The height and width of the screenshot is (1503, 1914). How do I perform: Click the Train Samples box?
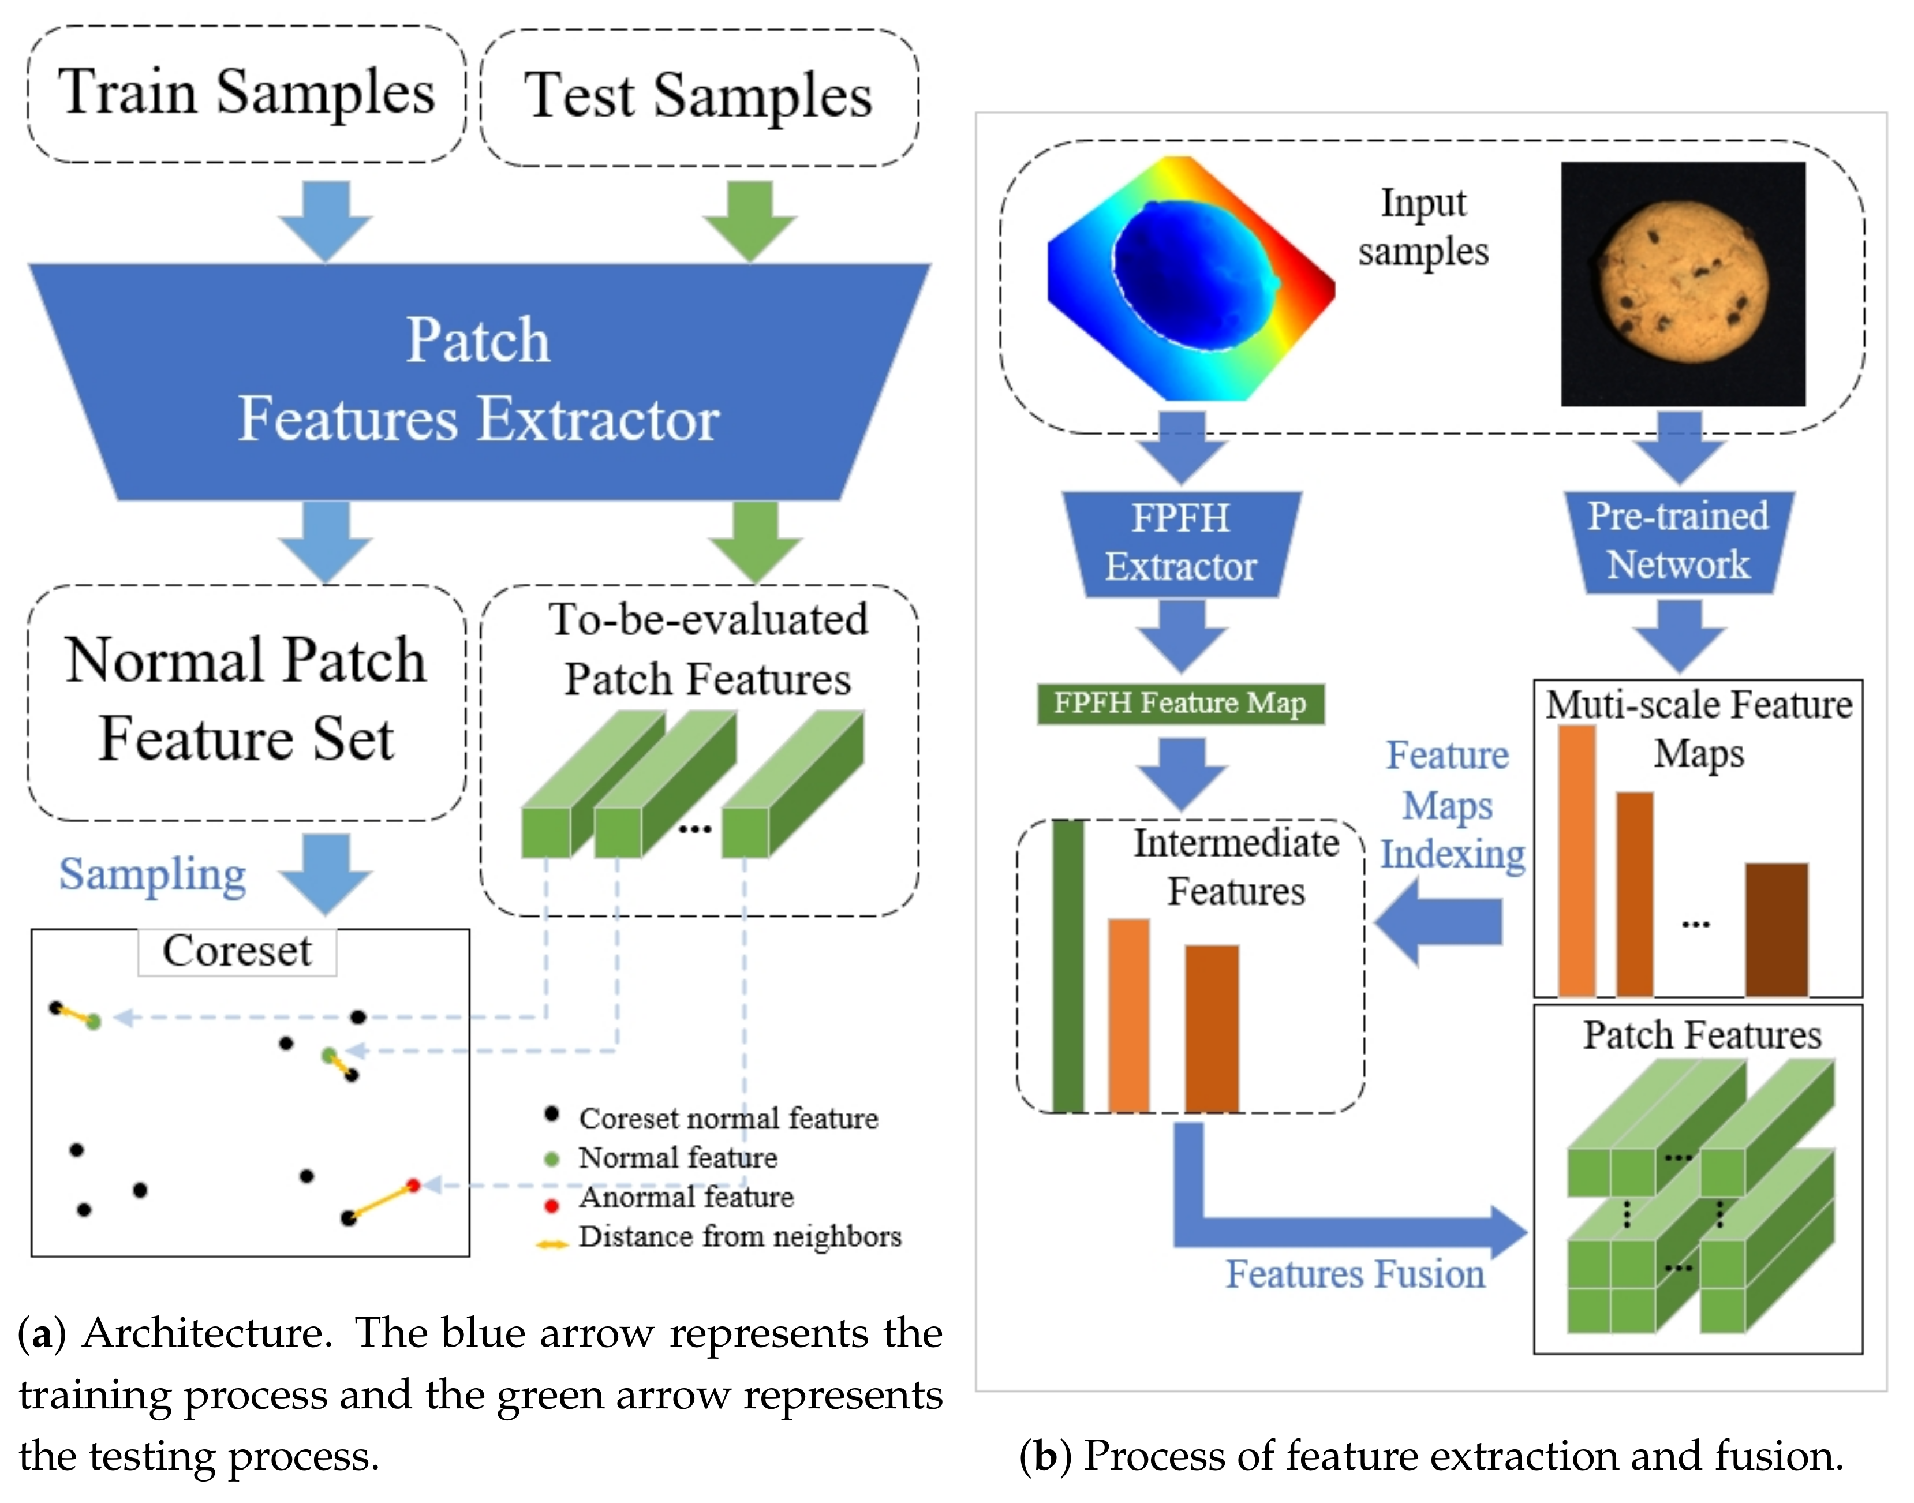pyautogui.click(x=246, y=94)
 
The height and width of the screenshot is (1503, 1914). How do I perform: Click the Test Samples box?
pyautogui.click(x=700, y=97)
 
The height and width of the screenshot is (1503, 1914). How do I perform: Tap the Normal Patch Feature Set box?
pyautogui.click(x=246, y=702)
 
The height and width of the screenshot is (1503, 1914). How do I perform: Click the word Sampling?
pyautogui.click(x=152, y=874)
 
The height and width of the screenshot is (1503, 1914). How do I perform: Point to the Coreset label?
pyautogui.click(x=237, y=951)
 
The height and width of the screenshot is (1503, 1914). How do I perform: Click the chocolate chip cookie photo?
pyautogui.click(x=1683, y=283)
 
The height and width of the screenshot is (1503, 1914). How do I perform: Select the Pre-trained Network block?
pyautogui.click(x=1678, y=541)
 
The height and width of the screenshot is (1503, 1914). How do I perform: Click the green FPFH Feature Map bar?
pyautogui.click(x=1180, y=703)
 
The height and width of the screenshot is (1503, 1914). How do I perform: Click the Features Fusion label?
pyautogui.click(x=1355, y=1273)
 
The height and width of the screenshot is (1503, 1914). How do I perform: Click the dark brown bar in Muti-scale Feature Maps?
pyautogui.click(x=1777, y=929)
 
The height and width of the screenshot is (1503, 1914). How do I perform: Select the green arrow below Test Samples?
pyautogui.click(x=750, y=221)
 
